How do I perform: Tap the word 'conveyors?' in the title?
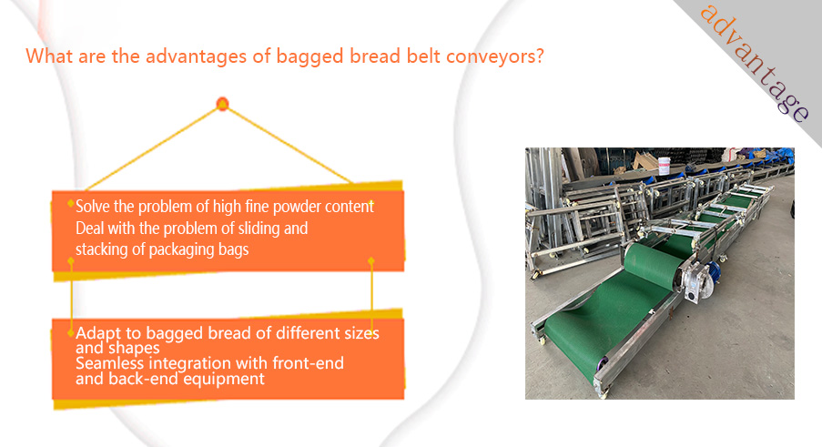pyautogui.click(x=495, y=56)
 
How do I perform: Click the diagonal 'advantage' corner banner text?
pyautogui.click(x=754, y=62)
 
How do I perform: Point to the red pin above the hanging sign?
pyautogui.click(x=222, y=104)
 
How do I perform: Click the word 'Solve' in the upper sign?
pyautogui.click(x=93, y=207)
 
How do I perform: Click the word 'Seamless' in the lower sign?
pyautogui.click(x=109, y=362)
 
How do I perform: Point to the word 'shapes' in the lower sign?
pyautogui.click(x=133, y=348)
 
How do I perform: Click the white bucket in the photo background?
pyautogui.click(x=665, y=165)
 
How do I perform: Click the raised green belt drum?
pyautogui.click(x=654, y=265)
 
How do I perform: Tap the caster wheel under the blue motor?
pyautogui.click(x=723, y=258)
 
